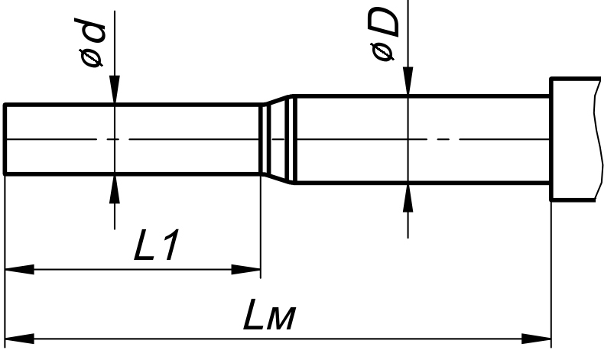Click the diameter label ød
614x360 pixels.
(94, 44)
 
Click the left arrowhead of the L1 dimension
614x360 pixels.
(19, 269)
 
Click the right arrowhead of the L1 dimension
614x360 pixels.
(247, 269)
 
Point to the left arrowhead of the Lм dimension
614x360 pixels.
(19, 337)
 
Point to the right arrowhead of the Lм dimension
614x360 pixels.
(538, 337)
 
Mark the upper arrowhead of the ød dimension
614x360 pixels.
(113, 89)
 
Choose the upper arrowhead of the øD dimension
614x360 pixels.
(408, 81)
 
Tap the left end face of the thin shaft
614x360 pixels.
(5, 139)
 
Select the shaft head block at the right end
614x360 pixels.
(573, 139)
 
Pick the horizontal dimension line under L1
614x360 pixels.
(134, 269)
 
